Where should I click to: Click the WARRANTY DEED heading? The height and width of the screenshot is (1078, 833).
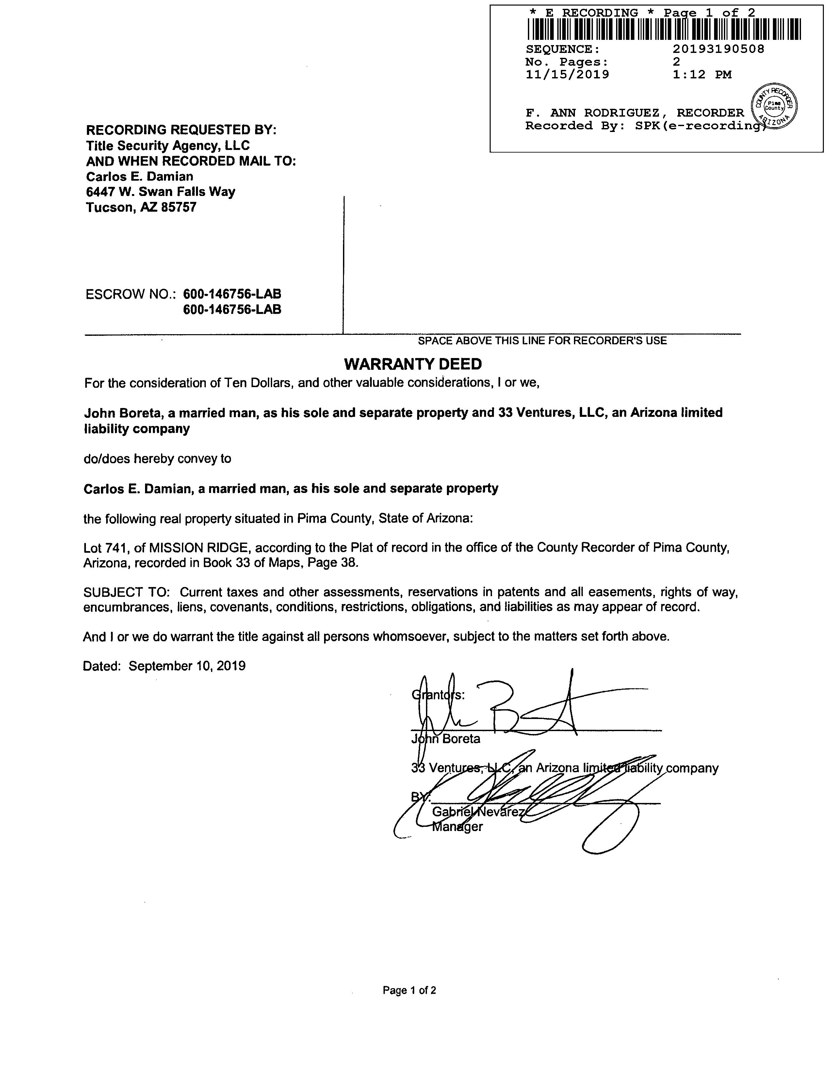[413, 364]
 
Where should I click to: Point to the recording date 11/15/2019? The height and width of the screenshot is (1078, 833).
[567, 74]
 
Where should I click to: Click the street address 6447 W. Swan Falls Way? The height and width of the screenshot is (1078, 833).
[160, 192]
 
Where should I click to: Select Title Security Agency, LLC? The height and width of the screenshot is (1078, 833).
[168, 146]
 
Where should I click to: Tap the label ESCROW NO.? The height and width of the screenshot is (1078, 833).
[131, 295]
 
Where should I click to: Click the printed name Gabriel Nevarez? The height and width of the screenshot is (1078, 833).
[478, 812]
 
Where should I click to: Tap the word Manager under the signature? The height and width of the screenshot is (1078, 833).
[457, 827]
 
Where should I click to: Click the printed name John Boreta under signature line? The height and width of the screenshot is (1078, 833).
[446, 739]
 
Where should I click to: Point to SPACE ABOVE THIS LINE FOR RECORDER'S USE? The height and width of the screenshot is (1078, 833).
[542, 341]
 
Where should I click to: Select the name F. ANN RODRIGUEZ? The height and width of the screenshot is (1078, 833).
[592, 113]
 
